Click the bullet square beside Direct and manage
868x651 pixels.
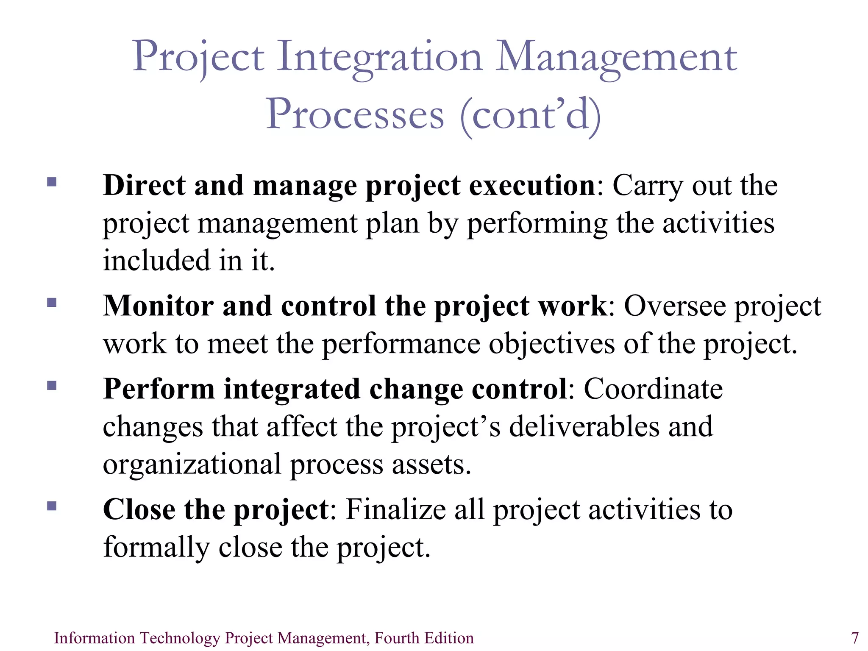(52, 182)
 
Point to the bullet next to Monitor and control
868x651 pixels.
(52, 302)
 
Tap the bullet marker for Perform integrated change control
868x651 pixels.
(52, 385)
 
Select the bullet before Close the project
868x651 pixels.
(52, 506)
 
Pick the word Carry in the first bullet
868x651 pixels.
(648, 186)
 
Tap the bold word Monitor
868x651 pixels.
(158, 306)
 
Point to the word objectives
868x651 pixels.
(551, 344)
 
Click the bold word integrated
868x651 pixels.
(292, 389)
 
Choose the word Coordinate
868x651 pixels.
(653, 389)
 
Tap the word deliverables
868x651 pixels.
(584, 426)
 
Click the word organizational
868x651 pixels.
(192, 465)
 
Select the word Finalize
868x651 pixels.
(395, 509)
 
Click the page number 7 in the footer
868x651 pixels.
(855, 638)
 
